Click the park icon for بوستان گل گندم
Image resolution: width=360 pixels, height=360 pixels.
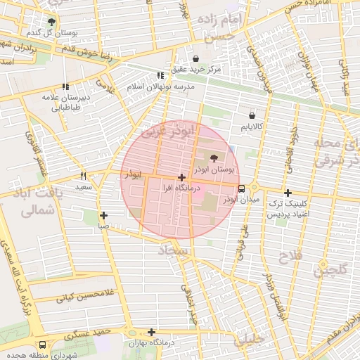point(51,22)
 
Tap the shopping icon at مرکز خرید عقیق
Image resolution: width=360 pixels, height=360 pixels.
point(195,58)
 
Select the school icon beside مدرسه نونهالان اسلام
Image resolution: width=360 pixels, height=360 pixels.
point(160,75)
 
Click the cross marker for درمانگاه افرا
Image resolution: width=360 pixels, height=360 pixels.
point(182,177)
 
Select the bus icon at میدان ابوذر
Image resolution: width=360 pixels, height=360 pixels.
point(242,188)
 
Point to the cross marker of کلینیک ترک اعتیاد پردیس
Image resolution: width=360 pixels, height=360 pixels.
point(287,193)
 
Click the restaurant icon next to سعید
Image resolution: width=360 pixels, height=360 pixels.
point(84,176)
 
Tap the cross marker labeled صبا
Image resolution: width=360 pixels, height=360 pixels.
point(103,215)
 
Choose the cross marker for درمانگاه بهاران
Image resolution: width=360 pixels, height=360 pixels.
point(151,332)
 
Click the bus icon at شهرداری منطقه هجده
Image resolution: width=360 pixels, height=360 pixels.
point(44,345)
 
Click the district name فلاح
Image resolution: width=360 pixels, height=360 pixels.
point(293,257)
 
